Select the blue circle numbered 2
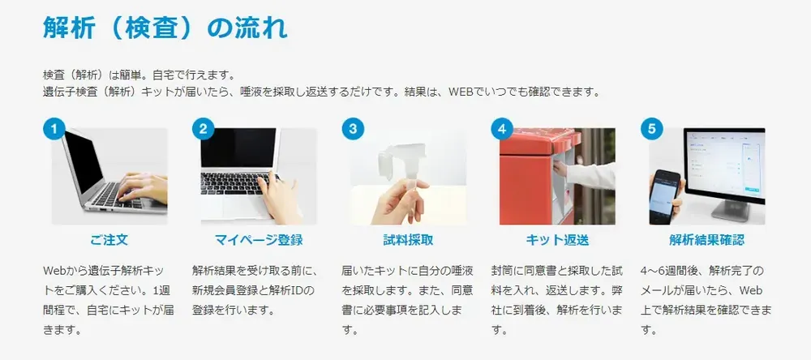point(203,129)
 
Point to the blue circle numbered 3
point(352,129)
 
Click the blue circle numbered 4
point(502,129)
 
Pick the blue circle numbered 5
point(651,129)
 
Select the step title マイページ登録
point(258,240)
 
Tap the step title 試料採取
point(408,240)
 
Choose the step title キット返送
point(557,240)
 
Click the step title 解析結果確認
point(706,240)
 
